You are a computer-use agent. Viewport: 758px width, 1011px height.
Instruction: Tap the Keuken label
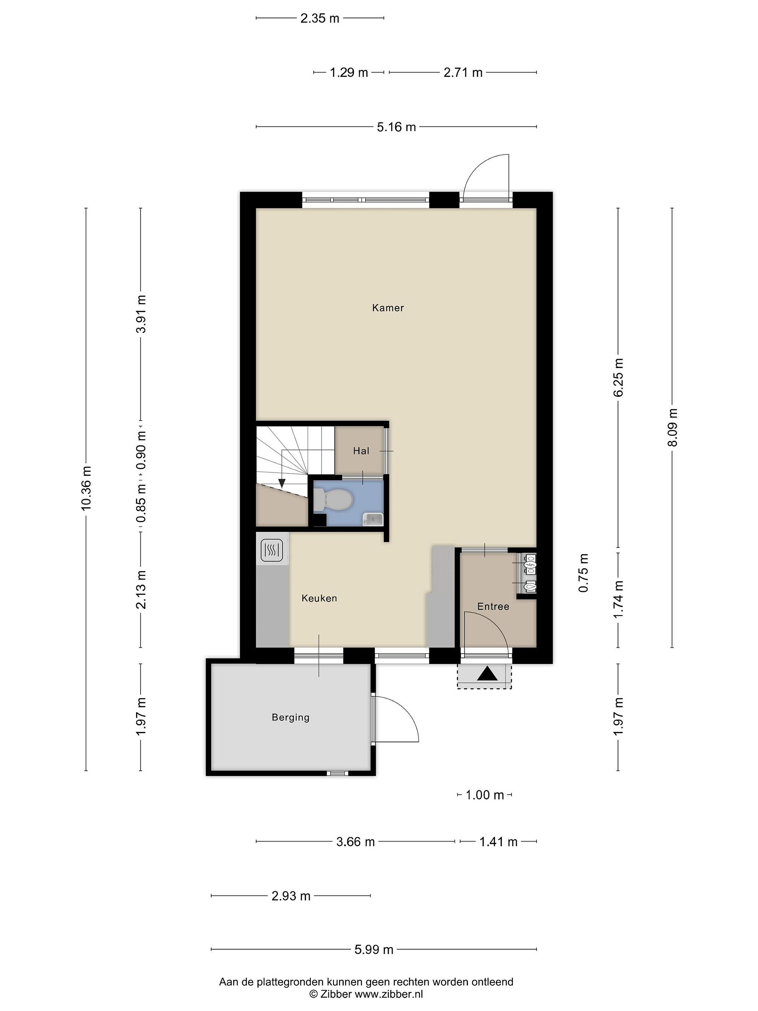tap(319, 598)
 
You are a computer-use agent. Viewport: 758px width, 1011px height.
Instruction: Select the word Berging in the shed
tap(291, 717)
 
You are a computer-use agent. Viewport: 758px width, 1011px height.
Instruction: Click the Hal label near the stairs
tap(361, 451)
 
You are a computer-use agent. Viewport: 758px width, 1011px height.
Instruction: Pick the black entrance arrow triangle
tap(487, 674)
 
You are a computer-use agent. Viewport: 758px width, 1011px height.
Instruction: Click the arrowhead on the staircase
tap(282, 483)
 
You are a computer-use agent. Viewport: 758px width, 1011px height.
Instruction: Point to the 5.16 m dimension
tap(396, 127)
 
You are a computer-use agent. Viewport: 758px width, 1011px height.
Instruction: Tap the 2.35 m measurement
tap(320, 18)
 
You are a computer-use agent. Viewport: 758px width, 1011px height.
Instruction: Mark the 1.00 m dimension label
tap(484, 795)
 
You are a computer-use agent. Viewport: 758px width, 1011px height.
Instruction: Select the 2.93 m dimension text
tap(291, 896)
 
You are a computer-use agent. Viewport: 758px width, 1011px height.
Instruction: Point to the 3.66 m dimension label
tap(355, 841)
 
